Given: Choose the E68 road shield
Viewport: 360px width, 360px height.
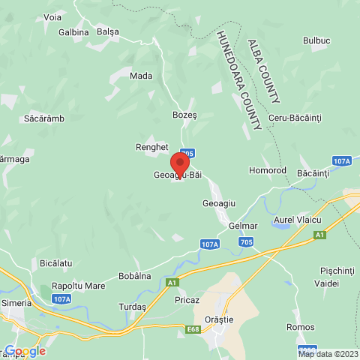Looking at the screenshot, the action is [x=193, y=328].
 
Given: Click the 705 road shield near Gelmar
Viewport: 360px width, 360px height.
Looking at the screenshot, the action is [x=247, y=242].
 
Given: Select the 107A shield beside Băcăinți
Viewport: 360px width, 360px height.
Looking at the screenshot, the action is [x=341, y=161].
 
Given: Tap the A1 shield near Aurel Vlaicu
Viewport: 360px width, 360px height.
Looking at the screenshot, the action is [x=320, y=235].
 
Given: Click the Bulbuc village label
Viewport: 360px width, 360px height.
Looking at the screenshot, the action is [x=316, y=40].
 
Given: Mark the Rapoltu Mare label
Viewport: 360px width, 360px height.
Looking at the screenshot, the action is [x=78, y=286].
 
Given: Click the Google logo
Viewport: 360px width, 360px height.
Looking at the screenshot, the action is [x=25, y=351].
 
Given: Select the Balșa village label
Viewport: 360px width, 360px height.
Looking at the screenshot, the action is [x=108, y=32].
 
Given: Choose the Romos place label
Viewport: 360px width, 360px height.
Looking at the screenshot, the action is [x=300, y=327].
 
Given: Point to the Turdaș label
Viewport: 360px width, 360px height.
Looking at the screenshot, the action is [x=132, y=307].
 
